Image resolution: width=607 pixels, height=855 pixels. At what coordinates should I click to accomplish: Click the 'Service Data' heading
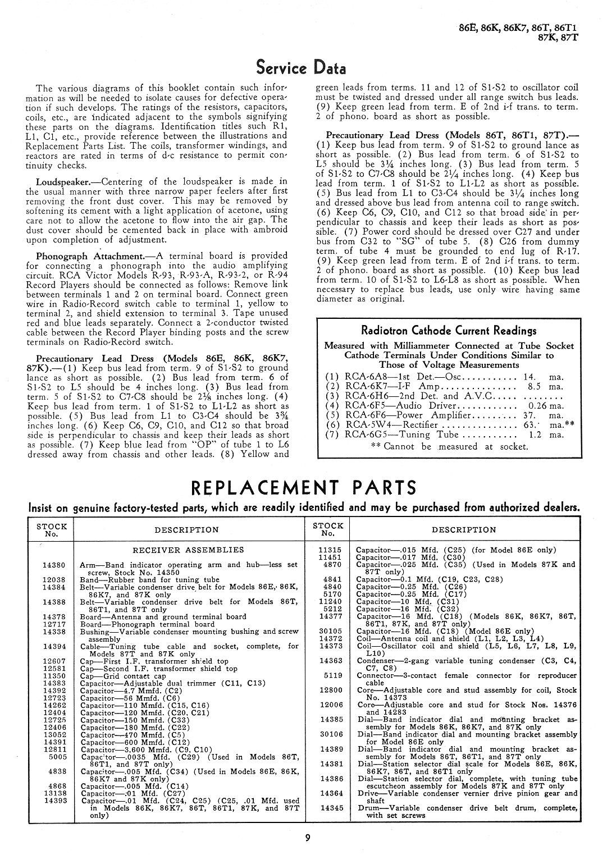point(301,68)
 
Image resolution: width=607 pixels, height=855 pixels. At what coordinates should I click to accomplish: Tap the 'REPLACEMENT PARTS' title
point(304,487)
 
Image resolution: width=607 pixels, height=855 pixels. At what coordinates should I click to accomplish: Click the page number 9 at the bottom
point(307,838)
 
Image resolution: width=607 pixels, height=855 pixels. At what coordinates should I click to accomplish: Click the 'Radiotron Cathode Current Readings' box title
point(448,330)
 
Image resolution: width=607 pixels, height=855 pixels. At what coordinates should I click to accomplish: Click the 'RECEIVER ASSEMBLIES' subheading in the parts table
point(188,550)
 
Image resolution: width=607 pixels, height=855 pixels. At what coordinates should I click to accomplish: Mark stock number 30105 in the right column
point(331,631)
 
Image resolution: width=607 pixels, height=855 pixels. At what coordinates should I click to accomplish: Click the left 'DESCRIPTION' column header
point(186,529)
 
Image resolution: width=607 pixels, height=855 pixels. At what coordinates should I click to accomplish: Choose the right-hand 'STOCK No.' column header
point(328,529)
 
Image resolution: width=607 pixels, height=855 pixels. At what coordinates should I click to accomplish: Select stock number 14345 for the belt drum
point(331,808)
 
